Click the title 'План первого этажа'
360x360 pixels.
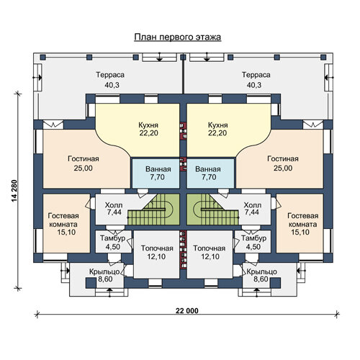(x=178, y=37)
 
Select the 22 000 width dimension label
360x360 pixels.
(x=187, y=311)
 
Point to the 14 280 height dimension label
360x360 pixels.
(x=14, y=191)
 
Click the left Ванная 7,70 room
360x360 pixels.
(x=156, y=174)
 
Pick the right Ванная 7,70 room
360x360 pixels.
(x=210, y=174)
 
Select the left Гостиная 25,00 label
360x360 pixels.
(x=84, y=163)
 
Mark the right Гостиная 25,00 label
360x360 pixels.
(x=283, y=163)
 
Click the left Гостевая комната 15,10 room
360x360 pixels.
(x=66, y=223)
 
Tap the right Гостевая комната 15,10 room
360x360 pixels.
(x=300, y=223)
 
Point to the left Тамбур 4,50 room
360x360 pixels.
(x=114, y=241)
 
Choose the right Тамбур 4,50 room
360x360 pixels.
(x=253, y=241)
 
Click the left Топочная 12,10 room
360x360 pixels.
(x=157, y=254)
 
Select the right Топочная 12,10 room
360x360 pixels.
(x=210, y=254)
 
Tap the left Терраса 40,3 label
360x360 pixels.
(x=110, y=80)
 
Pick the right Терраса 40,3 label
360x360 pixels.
(x=256, y=80)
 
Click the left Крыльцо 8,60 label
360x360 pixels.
(x=104, y=275)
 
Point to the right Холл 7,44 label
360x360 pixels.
(x=252, y=209)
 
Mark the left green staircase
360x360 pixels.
(x=153, y=210)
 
